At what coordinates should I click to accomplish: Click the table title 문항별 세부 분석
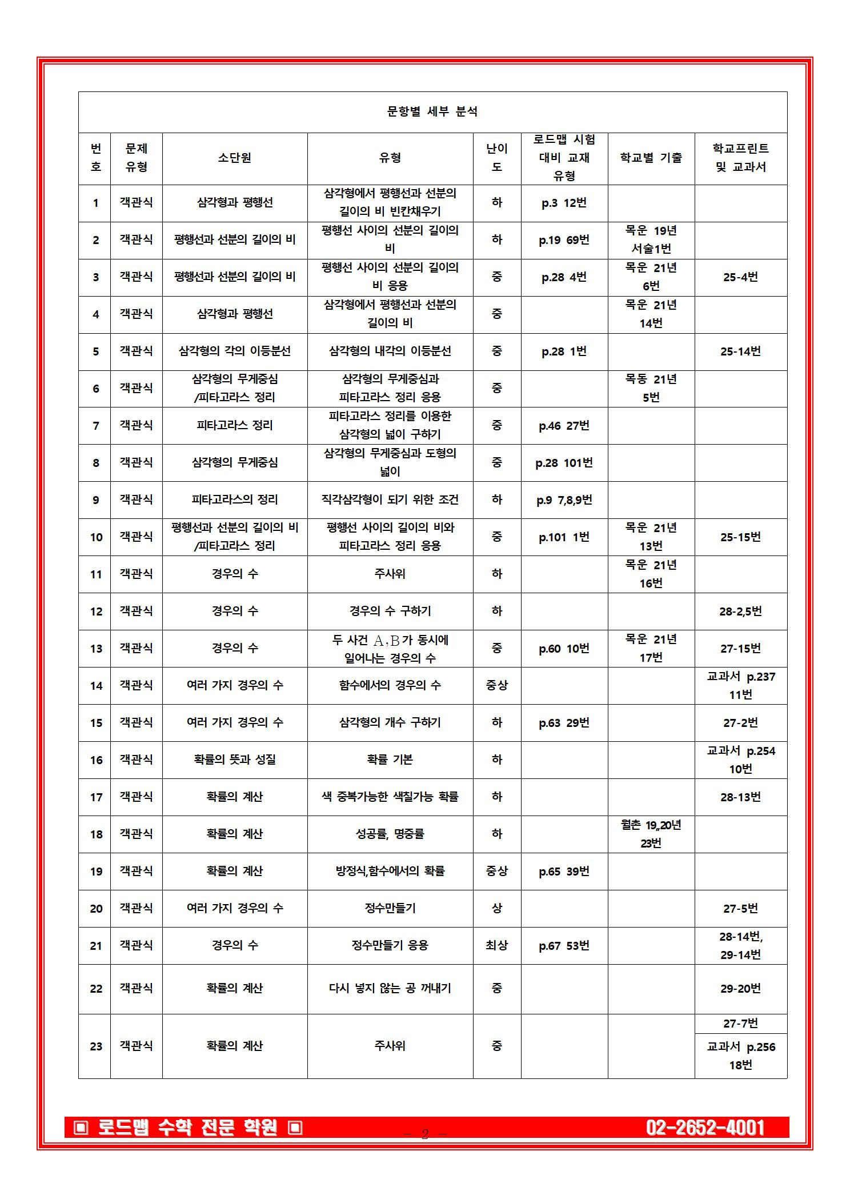[432, 112]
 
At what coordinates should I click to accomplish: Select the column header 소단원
[234, 158]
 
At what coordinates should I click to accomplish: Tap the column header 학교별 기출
[651, 158]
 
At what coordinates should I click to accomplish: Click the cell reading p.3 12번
[564, 203]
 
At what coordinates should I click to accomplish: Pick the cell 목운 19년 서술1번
[651, 239]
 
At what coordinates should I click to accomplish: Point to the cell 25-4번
[740, 277]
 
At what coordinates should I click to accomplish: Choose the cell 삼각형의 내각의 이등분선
[390, 351]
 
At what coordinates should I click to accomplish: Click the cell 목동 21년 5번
[651, 388]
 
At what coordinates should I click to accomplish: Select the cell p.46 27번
[564, 426]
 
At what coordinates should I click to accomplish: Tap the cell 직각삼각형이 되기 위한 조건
[390, 500]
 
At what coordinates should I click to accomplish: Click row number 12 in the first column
[96, 612]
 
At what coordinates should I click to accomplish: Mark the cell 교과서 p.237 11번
[740, 685]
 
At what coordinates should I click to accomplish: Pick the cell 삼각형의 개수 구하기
[390, 723]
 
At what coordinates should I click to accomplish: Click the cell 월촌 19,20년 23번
[651, 834]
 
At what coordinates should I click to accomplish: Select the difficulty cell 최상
[496, 946]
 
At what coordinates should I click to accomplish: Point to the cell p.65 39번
[564, 872]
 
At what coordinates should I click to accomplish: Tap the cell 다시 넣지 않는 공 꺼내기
[390, 988]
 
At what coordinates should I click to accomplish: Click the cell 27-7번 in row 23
[740, 1024]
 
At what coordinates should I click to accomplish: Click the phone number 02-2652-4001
[705, 1128]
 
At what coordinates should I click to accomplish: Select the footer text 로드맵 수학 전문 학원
[188, 1128]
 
